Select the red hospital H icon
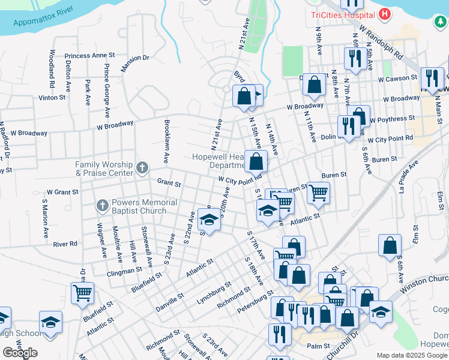point(385,14)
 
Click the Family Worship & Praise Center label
point(104,169)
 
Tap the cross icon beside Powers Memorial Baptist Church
point(103,206)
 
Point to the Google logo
point(20,353)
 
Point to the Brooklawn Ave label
point(166,141)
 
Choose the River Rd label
point(65,244)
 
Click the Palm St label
point(318,346)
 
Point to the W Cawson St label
point(397,78)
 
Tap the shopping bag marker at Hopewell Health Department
point(256,160)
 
